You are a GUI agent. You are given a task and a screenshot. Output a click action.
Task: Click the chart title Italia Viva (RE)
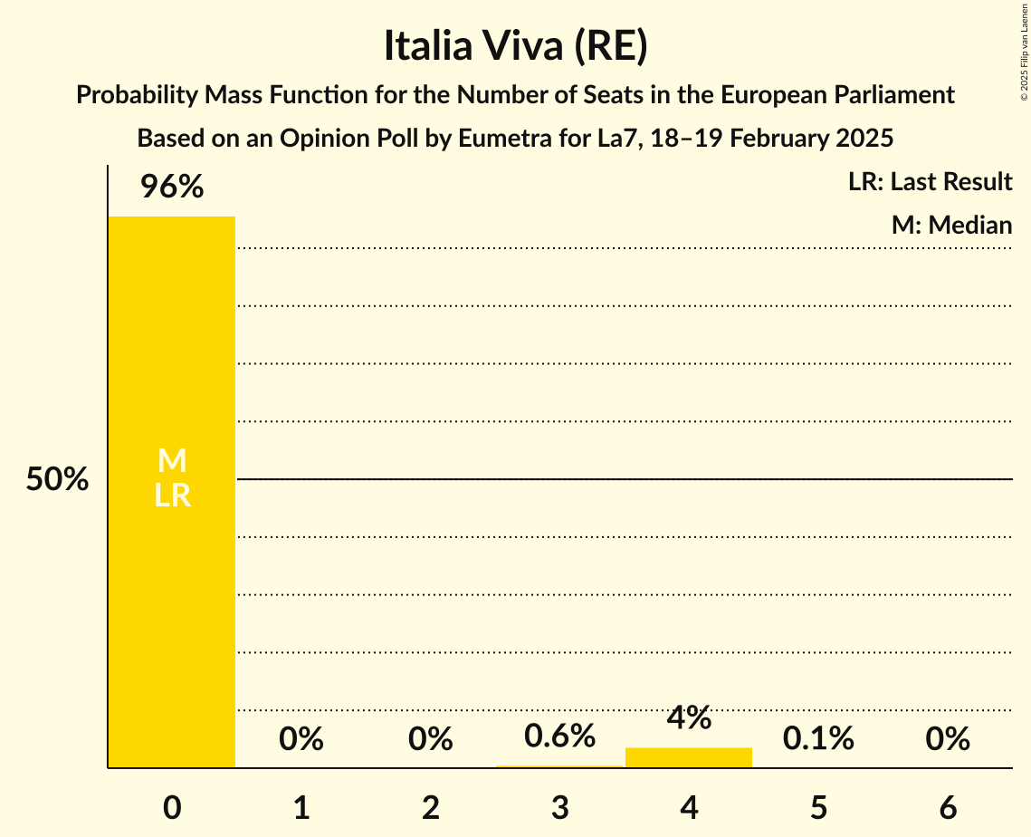[x=515, y=46]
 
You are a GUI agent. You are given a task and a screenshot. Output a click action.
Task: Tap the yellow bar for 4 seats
[x=689, y=757]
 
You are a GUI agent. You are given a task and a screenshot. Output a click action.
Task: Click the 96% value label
[x=172, y=188]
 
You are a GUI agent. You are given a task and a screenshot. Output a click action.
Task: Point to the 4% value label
[x=689, y=717]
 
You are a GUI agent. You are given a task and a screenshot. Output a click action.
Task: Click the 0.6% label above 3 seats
[x=559, y=736]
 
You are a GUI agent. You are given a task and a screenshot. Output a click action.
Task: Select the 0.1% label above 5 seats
[x=818, y=739]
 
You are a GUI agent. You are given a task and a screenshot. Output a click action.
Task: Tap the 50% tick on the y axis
[x=57, y=480]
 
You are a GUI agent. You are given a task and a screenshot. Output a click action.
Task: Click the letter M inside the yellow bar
[x=172, y=462]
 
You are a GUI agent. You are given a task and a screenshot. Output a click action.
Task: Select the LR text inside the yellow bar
[x=172, y=495]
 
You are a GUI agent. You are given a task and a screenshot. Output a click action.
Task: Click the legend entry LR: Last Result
[x=930, y=182]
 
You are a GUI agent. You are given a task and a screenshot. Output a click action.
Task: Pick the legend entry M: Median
[x=951, y=225]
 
